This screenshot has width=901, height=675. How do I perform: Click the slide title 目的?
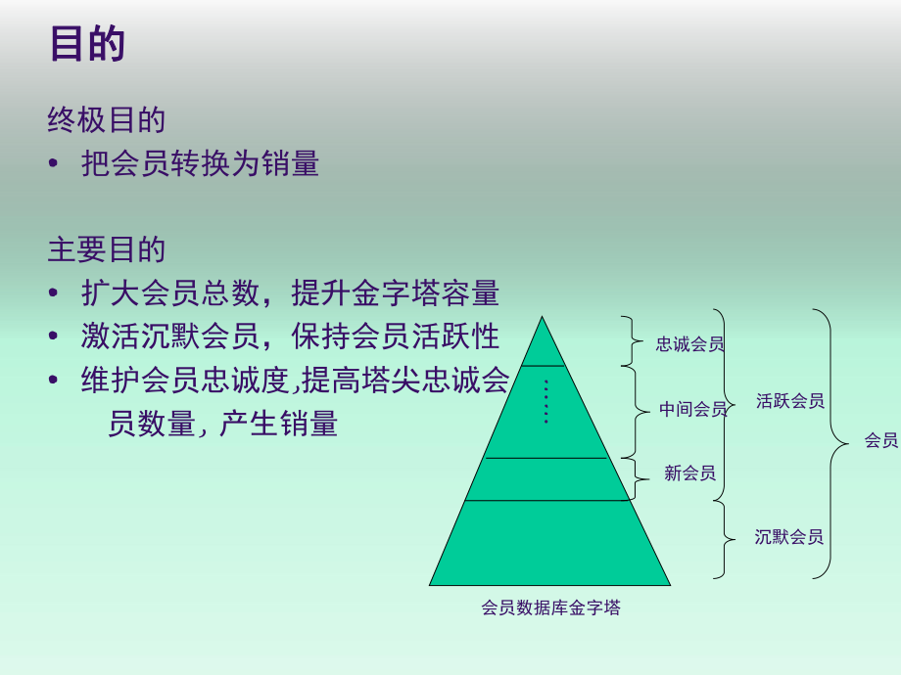[x=87, y=44]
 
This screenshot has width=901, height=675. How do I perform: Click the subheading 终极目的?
[x=107, y=119]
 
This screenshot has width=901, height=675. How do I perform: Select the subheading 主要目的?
[x=107, y=249]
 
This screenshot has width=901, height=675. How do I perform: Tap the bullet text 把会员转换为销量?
[x=201, y=163]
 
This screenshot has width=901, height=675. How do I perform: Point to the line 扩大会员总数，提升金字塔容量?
[x=290, y=292]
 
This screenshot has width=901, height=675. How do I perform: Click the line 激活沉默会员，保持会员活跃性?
[x=290, y=336]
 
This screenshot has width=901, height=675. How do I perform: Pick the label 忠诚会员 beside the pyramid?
[x=689, y=343]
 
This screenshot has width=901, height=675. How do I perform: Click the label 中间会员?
[x=692, y=409]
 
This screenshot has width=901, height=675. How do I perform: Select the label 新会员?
[x=689, y=473]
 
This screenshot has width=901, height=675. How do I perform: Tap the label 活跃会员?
[x=789, y=401]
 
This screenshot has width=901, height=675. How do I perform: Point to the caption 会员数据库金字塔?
[x=550, y=607]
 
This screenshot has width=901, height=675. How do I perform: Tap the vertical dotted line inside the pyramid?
[x=545, y=401]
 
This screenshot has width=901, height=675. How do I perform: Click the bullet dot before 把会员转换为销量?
[x=54, y=164]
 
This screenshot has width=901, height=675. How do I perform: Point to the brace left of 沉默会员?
[x=726, y=538]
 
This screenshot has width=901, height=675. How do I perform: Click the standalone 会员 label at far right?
[x=880, y=440]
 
